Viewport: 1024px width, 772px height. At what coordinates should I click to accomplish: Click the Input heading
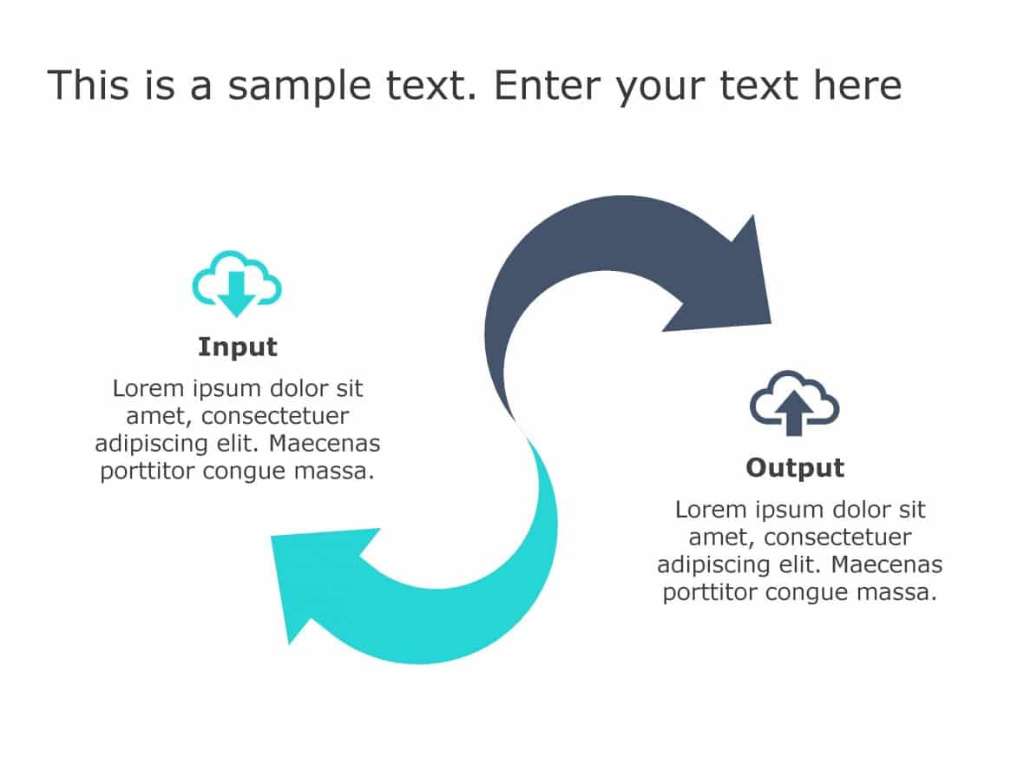[237, 347]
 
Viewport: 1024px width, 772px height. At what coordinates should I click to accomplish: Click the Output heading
[795, 468]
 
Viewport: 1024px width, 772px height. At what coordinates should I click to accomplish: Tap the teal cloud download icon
[236, 283]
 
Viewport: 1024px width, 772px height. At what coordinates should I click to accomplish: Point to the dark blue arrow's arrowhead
[733, 278]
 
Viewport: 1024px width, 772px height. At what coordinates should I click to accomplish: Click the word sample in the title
[286, 87]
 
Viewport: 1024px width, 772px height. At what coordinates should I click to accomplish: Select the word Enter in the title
[548, 87]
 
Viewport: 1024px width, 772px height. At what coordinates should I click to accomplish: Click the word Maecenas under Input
[325, 444]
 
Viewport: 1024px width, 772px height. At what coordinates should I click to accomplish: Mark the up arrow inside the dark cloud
[793, 409]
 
